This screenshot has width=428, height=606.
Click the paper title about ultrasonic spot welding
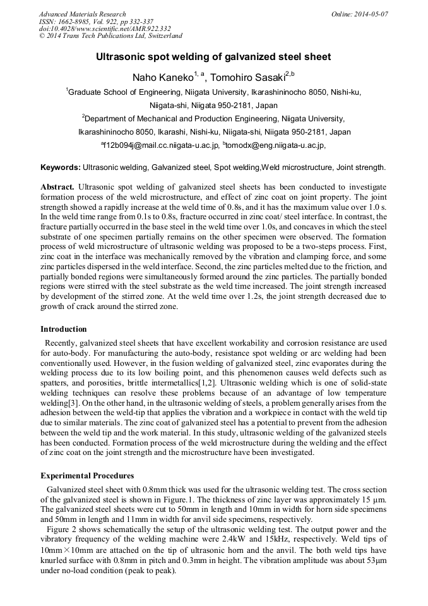[x=213, y=57]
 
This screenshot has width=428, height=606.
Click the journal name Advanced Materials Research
[x=82, y=14]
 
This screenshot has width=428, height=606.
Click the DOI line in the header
[x=105, y=29]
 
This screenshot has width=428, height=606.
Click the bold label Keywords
[x=61, y=167]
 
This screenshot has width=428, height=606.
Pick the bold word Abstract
[x=57, y=188]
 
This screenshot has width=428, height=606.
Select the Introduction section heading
[x=64, y=329]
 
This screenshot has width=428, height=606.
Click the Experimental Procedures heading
[x=87, y=476]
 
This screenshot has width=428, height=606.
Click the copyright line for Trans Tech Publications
[x=110, y=37]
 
